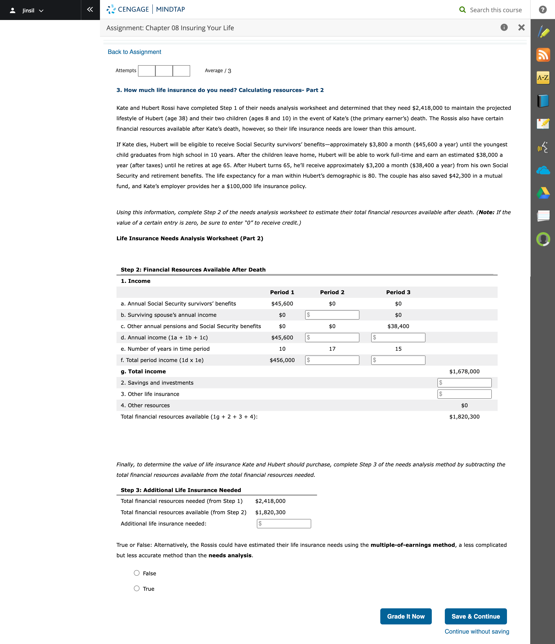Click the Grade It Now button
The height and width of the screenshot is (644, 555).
point(406,616)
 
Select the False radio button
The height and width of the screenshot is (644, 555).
point(137,573)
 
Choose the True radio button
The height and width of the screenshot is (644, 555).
point(137,588)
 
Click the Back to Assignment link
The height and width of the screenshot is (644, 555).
point(134,52)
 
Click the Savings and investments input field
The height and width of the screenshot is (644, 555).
point(464,383)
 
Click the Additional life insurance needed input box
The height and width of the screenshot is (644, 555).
point(284,524)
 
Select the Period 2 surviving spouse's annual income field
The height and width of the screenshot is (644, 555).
point(332,315)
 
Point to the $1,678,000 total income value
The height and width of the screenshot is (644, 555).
point(464,371)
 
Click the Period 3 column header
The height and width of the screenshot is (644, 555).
point(398,292)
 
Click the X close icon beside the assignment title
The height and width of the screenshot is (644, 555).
point(522,28)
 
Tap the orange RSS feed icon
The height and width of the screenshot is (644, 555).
point(543,55)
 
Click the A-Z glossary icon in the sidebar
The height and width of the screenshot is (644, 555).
point(543,77)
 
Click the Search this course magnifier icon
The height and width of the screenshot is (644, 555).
point(462,10)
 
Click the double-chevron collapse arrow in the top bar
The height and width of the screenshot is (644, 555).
point(90,10)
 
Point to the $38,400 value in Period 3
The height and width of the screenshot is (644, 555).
point(398,326)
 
